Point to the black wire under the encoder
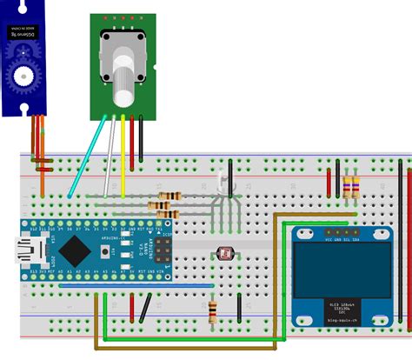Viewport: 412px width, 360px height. click(x=141, y=139)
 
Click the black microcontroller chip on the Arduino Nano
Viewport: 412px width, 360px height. click(x=76, y=250)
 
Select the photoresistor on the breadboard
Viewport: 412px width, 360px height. click(x=224, y=252)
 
